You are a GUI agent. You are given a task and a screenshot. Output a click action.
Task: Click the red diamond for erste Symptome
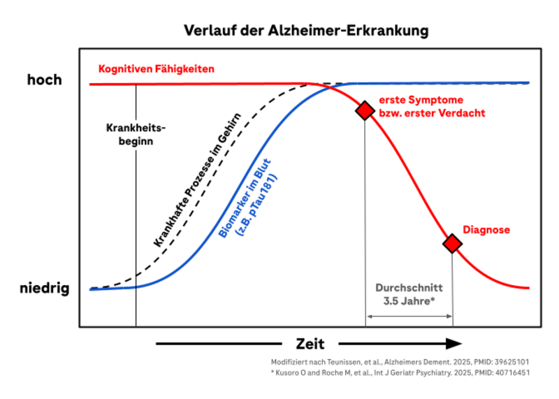coord(365,110)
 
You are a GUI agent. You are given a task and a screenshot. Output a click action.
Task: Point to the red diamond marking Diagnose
coord(453,243)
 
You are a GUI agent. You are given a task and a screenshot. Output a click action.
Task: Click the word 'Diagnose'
coord(486,229)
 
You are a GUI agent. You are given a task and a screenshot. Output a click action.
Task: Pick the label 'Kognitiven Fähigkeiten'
coord(157,69)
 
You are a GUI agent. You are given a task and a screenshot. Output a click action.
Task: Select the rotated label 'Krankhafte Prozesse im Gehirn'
coord(196,180)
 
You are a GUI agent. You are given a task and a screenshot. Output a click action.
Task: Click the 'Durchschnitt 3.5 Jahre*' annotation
coord(409,294)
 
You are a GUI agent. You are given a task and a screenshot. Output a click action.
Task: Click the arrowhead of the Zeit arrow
coord(453,343)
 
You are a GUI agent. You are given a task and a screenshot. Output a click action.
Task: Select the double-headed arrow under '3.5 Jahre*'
coord(409,317)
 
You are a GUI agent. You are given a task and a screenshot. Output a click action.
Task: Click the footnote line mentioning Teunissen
coord(400,362)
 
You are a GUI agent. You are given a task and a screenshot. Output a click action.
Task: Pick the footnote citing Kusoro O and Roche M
coord(400,372)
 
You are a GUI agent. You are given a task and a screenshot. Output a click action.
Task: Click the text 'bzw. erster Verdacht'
coord(431,113)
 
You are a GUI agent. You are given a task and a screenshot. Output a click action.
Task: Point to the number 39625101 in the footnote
coord(507,362)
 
